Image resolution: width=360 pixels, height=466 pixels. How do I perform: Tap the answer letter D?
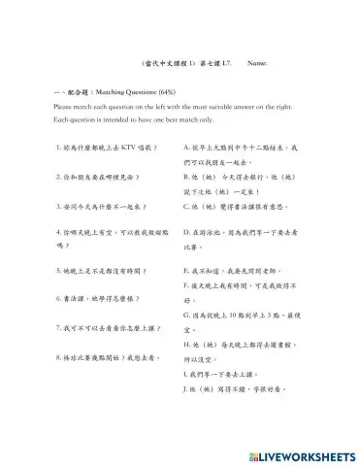tap(185, 233)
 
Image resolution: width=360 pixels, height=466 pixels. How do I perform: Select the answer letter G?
tap(185, 315)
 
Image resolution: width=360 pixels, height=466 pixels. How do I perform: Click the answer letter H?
tap(185, 344)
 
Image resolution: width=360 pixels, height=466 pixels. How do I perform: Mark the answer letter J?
tap(185, 389)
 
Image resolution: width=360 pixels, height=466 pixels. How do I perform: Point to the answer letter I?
tap(184, 374)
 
